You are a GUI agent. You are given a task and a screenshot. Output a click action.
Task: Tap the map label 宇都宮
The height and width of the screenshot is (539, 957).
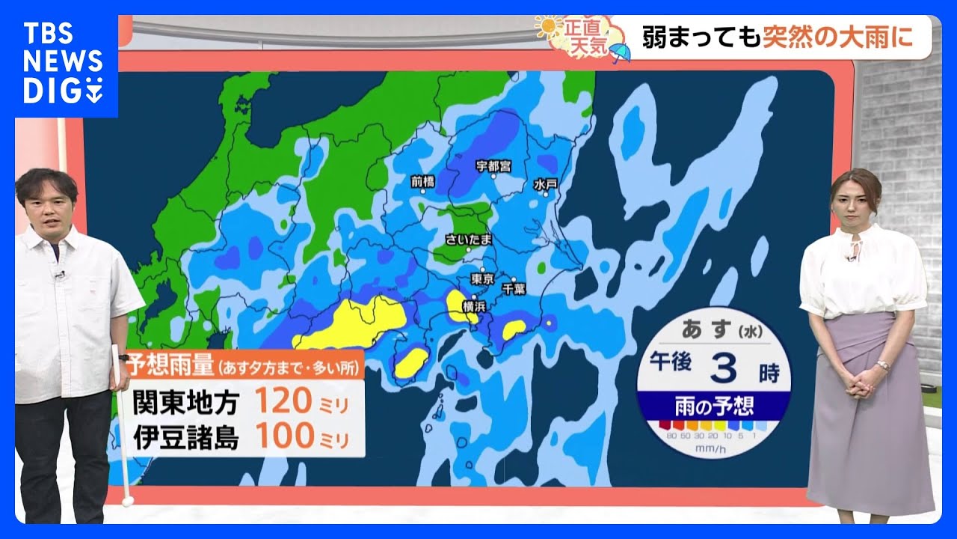coord(494,166)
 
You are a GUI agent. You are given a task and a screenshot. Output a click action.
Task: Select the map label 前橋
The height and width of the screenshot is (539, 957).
coord(423,180)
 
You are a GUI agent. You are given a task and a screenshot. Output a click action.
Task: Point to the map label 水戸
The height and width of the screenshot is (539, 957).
coord(547,184)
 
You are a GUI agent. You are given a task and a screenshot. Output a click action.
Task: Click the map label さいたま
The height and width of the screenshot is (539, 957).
coord(469,240)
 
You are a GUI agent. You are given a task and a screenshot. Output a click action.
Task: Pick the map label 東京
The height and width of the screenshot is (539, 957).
coord(482,278)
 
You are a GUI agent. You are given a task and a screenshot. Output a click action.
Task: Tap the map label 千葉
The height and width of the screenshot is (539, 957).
coord(514,288)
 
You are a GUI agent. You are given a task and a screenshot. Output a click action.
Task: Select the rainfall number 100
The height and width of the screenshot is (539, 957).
coord(283,438)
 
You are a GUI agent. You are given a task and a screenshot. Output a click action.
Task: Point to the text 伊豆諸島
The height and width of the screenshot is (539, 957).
coord(185,439)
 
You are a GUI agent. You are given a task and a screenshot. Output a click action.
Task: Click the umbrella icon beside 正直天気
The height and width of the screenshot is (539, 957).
coord(620,52)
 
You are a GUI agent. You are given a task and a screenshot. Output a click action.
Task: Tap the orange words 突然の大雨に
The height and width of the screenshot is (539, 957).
coord(837,37)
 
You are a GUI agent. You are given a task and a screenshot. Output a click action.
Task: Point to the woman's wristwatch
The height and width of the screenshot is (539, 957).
coord(883,365)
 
